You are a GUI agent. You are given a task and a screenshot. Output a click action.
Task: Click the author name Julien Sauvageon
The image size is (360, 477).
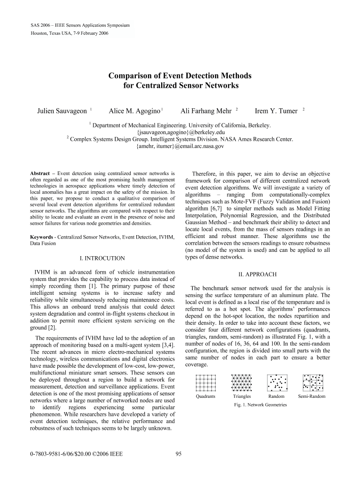(62, 111)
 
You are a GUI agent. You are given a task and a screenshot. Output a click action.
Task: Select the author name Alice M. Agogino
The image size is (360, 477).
(134, 111)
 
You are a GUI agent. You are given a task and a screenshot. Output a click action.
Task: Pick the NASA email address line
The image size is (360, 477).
(180, 147)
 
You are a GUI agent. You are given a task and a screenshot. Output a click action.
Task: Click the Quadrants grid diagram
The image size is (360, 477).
(206, 383)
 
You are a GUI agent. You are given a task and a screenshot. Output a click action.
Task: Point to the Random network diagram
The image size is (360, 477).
(277, 383)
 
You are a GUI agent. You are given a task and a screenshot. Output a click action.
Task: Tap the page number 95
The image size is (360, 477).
(179, 454)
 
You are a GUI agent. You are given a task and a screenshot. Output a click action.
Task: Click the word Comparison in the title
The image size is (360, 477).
(133, 75)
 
